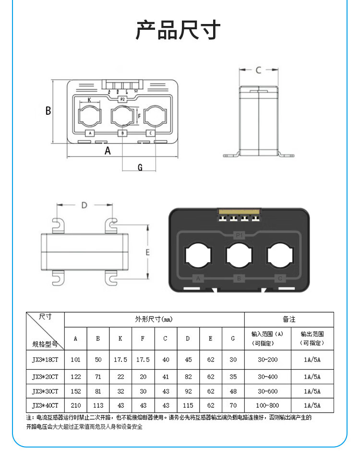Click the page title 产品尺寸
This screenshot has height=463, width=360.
tap(178, 30)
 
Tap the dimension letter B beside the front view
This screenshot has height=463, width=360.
tap(48, 110)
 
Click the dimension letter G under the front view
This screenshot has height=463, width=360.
tap(140, 167)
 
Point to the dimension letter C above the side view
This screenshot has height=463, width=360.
tap(258, 70)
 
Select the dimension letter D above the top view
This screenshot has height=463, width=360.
tap(84, 205)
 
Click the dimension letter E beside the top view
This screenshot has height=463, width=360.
tap(148, 252)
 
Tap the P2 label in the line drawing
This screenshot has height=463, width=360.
tap(122, 99)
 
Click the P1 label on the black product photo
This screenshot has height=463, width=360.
tap(239, 234)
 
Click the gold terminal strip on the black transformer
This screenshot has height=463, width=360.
tap(239, 212)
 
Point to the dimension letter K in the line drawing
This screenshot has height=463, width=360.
tap(89, 100)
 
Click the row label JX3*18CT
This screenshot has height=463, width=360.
tap(45, 359)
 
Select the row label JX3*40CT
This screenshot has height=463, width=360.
tap(45, 405)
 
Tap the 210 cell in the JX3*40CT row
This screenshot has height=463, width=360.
tap(75, 405)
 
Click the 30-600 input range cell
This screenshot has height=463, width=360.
tap(268, 391)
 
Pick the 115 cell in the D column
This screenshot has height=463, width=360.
tap(188, 405)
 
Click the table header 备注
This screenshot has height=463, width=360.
tap(289, 319)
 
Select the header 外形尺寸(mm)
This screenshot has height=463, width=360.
tap(154, 319)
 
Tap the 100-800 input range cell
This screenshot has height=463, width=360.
tap(268, 405)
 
